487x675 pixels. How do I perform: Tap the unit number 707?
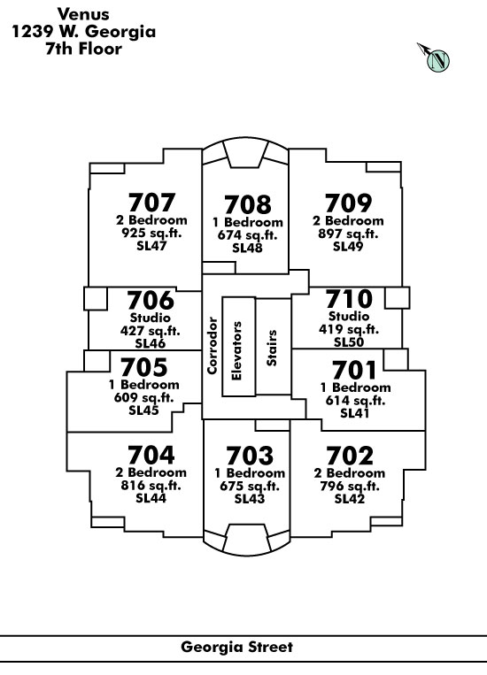[151, 203]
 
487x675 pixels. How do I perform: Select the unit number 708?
[248, 204]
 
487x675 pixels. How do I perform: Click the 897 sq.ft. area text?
[348, 234]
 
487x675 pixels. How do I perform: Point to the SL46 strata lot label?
[150, 343]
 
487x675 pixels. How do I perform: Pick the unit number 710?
[349, 299]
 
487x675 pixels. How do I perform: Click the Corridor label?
[212, 345]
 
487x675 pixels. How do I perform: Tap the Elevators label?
[236, 351]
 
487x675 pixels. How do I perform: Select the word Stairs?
[272, 349]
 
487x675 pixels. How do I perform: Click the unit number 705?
[144, 368]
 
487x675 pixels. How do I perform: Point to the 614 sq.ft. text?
[355, 401]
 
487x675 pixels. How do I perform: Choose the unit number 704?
[151, 455]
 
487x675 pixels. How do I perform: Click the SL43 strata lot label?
[250, 499]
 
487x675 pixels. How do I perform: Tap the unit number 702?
[350, 456]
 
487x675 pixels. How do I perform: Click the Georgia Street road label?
[236, 647]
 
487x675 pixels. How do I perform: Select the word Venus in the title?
[83, 14]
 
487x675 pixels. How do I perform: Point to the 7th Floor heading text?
[83, 49]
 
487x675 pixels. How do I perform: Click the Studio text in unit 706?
[150, 318]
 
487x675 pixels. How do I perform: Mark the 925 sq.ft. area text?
[151, 233]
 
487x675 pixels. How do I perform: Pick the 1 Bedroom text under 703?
[250, 473]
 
